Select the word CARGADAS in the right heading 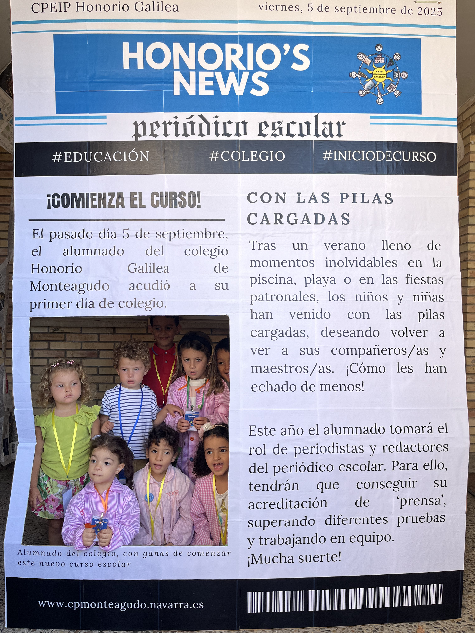click(299, 219)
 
